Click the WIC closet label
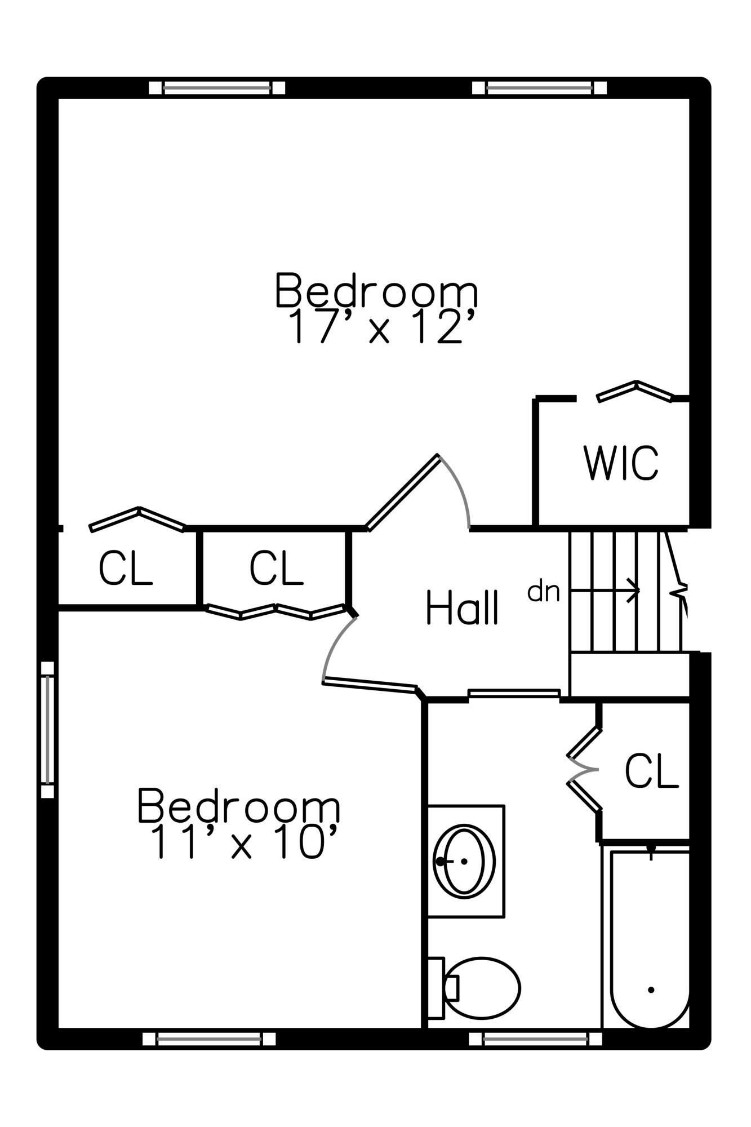(620, 463)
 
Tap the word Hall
(462, 607)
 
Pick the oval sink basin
(464, 861)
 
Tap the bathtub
(650, 938)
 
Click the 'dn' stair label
(544, 592)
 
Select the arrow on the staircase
(605, 591)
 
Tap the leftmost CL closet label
(125, 568)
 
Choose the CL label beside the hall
(276, 568)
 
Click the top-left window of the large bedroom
(217, 88)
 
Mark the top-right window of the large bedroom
(539, 88)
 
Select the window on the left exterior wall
(48, 730)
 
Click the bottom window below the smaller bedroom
(209, 1039)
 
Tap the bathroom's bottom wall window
(535, 1039)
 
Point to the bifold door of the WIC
(635, 392)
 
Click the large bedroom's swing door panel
(402, 492)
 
